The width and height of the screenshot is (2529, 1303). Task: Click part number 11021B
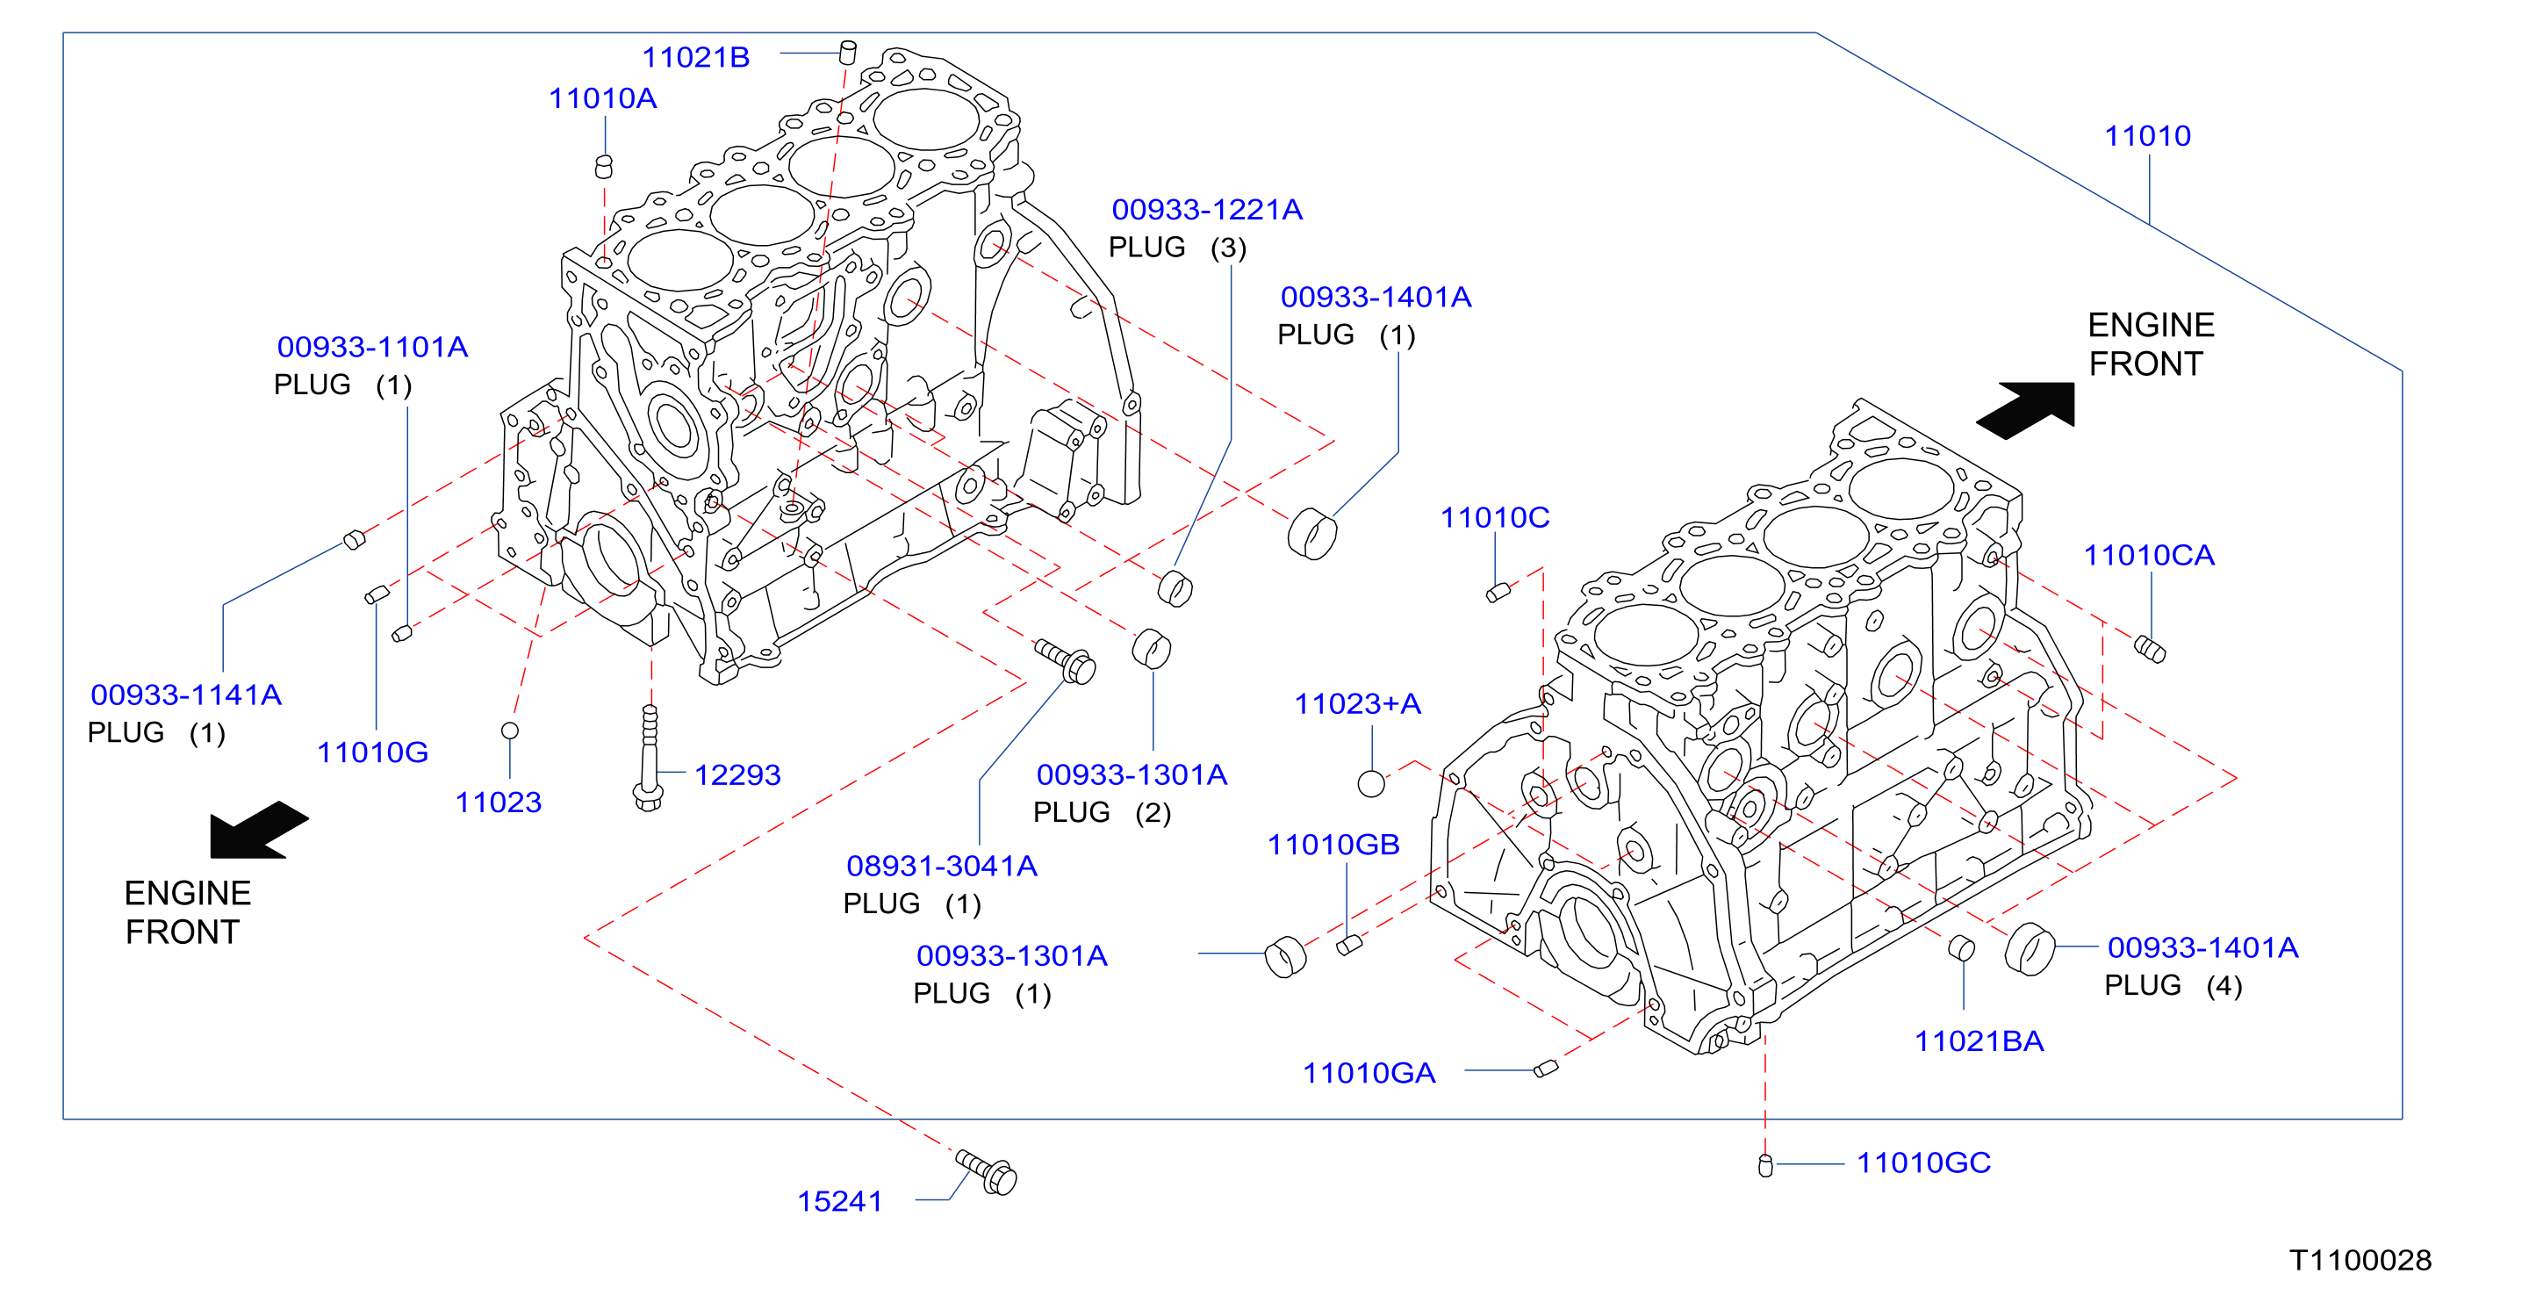695,57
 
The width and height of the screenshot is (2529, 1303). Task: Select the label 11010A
602,98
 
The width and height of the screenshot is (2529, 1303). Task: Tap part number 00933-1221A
1207,209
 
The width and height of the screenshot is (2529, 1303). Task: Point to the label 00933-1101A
372,347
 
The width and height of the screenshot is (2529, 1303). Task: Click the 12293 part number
737,774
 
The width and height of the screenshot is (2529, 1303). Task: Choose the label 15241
839,1201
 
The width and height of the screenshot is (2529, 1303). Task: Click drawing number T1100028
2360,1260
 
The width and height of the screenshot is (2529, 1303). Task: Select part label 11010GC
1923,1163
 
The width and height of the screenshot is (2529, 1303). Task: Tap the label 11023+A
1357,703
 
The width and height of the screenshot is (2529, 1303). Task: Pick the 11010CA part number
2149,555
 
